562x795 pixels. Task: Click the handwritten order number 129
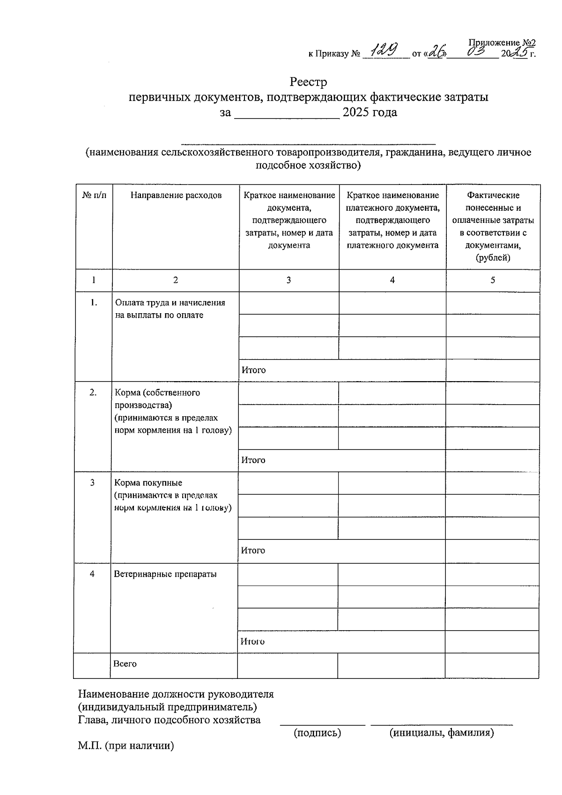tap(385, 49)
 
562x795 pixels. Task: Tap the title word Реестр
tap(308, 82)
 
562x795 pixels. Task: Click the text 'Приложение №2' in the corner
tap(502, 43)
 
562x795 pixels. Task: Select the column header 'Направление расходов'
tap(176, 195)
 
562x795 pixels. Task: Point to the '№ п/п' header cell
tap(94, 195)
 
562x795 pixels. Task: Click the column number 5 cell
tap(493, 280)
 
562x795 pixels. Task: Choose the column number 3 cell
tap(288, 280)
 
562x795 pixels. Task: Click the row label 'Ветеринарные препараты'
tap(165, 574)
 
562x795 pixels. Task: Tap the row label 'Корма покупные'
tap(148, 483)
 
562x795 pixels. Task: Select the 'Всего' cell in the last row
tap(125, 664)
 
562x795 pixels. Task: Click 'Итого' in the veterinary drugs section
tap(252, 641)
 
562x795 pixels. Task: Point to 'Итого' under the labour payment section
tap(253, 370)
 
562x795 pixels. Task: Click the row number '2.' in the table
tap(93, 392)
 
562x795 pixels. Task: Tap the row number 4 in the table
tap(92, 574)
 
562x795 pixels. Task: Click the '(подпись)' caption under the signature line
tap(317, 733)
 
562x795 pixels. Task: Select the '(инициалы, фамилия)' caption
tap(442, 733)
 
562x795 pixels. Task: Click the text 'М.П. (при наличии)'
tap(126, 746)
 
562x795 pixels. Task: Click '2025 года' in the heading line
tap(370, 112)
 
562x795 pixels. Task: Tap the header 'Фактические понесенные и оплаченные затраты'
tap(493, 227)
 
